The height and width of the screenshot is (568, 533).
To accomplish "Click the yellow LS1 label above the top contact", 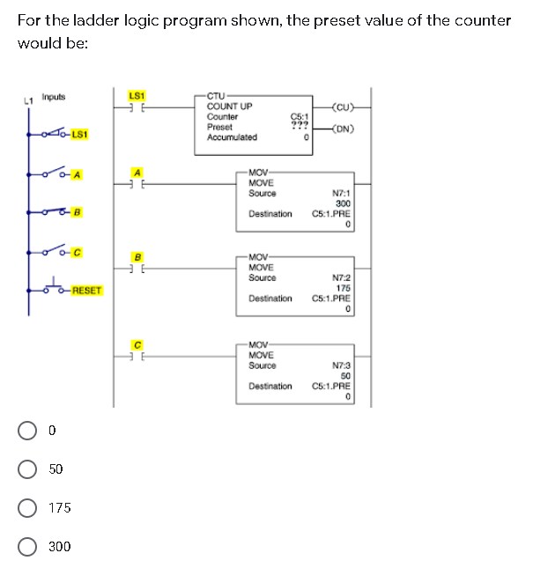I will click(137, 95).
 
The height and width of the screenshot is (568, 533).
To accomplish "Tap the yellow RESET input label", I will click(87, 290).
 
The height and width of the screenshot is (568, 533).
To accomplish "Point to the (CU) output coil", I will click(339, 108).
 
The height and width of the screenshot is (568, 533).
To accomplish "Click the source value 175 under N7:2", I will click(344, 287).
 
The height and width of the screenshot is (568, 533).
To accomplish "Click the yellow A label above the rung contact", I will click(137, 172).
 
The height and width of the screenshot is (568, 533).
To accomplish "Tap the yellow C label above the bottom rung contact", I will click(137, 343).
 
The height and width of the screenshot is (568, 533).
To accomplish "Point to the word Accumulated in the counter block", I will click(232, 136).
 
